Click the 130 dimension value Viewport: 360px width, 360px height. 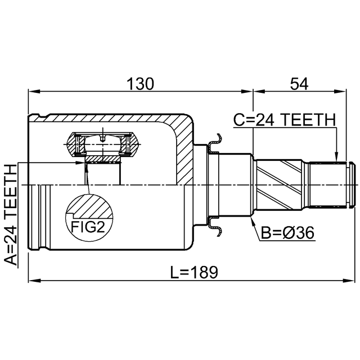click(x=140, y=84)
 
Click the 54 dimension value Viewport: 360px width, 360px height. click(x=299, y=84)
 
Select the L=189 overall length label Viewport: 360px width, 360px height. click(x=194, y=272)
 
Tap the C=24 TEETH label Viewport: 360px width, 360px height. click(x=285, y=120)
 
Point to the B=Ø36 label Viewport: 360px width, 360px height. click(x=287, y=233)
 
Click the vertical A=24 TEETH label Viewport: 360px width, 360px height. click(x=11, y=215)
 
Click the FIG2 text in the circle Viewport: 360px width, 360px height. click(x=88, y=227)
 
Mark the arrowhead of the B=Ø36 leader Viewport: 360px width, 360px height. click(x=253, y=219)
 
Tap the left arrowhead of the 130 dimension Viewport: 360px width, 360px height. click(x=34, y=92)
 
